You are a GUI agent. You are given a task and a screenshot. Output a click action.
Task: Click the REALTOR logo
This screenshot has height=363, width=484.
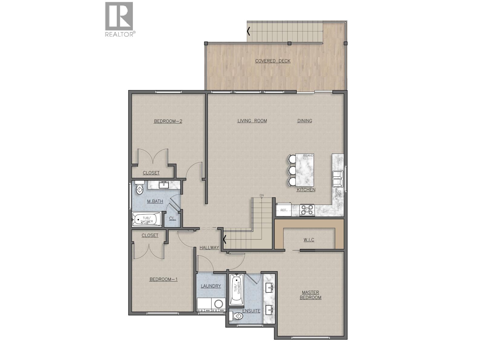[119, 19]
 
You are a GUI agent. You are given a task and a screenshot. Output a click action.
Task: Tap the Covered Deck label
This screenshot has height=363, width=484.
[273, 61]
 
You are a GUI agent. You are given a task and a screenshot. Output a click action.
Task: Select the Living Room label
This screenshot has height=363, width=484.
[252, 121]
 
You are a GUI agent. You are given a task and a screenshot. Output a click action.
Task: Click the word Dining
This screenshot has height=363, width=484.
[305, 121]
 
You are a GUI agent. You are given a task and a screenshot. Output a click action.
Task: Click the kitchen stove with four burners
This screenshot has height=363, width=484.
[307, 210]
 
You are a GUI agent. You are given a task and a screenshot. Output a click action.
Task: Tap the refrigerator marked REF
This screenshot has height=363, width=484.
[284, 210]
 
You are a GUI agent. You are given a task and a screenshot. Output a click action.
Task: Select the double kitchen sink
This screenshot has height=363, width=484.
[337, 178]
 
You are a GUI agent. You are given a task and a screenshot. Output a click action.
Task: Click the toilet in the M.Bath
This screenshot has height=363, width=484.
[139, 189]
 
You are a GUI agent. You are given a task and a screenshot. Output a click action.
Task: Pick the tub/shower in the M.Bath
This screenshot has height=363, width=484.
[147, 219]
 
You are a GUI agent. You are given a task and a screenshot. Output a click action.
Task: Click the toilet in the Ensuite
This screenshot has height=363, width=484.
[238, 316]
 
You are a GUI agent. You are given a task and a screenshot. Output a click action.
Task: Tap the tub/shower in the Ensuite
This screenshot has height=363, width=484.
[236, 289]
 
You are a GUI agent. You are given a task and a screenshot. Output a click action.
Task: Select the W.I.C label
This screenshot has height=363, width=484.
[309, 240]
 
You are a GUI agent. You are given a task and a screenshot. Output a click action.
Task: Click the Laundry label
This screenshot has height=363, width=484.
[211, 286]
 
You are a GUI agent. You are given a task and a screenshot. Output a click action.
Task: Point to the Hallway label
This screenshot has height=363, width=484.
[209, 247]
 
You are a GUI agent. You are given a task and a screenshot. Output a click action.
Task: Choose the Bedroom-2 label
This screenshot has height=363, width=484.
[168, 121]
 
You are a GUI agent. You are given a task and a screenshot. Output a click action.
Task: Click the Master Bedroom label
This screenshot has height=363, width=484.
[310, 295]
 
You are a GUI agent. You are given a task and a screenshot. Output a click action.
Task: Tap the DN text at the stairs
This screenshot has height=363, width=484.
[261, 195]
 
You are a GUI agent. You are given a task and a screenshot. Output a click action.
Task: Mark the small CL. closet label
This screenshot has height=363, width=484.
[172, 218]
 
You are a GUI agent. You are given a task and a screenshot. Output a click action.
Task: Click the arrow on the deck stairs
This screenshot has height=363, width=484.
[249, 31]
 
